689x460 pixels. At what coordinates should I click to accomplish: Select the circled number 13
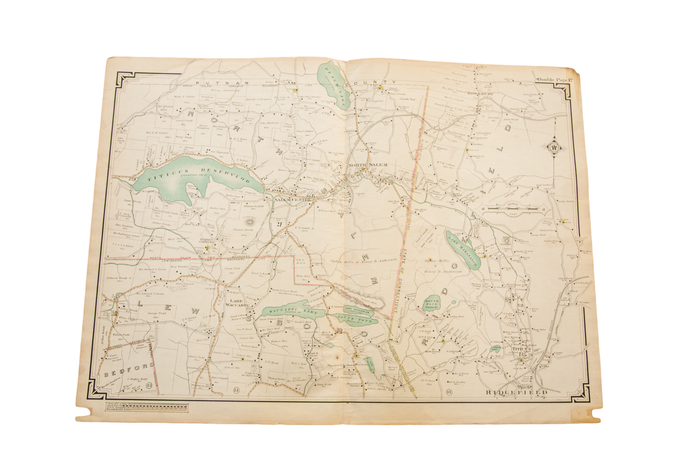click(x=149, y=385)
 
